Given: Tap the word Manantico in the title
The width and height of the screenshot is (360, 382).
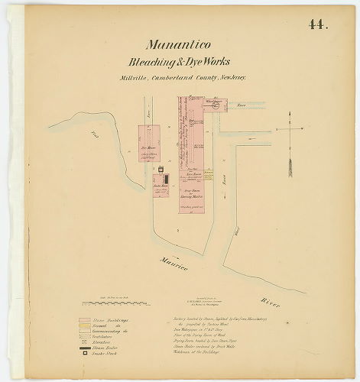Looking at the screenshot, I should pyautogui.click(x=177, y=45).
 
